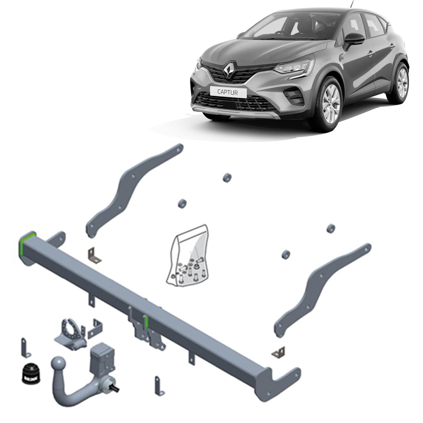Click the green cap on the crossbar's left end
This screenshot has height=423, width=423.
click(28, 244)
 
